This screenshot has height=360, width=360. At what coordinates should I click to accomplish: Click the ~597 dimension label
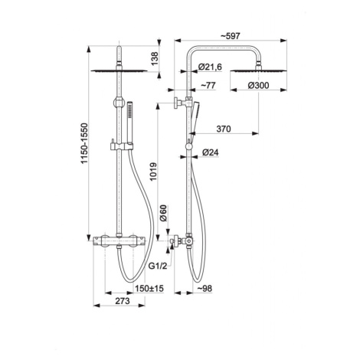click(230, 36)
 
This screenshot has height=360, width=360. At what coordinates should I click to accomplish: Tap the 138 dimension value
click(155, 59)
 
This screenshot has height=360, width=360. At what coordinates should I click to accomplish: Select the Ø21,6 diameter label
click(210, 67)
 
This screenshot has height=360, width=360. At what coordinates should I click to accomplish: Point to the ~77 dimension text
click(208, 85)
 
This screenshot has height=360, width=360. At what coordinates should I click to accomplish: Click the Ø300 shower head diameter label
click(258, 85)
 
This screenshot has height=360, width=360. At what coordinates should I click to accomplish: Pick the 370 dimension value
click(224, 129)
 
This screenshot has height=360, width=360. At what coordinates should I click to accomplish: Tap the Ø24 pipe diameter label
click(211, 152)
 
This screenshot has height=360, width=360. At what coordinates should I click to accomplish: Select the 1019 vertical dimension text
click(153, 172)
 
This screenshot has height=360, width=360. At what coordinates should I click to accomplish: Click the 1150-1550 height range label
click(84, 143)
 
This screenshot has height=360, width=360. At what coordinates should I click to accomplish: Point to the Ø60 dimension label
click(163, 213)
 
